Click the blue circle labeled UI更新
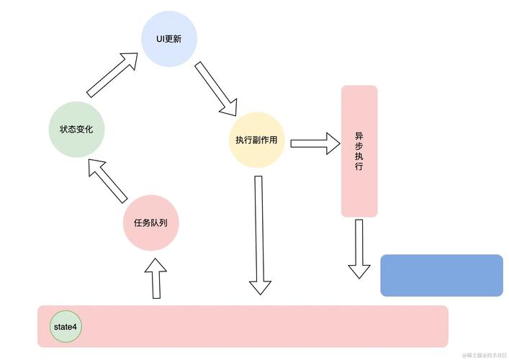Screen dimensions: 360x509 coord(169,40)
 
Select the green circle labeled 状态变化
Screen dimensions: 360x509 coord(76,130)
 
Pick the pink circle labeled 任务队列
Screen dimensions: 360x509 coord(150,222)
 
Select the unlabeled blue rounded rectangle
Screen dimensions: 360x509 coord(441,275)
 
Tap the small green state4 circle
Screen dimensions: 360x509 coord(66,327)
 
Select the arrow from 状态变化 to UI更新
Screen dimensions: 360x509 coord(112,74)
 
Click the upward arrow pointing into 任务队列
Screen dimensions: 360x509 coord(155,279)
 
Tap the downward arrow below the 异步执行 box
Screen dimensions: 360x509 coord(359,249)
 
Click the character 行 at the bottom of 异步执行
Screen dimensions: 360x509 coord(359,166)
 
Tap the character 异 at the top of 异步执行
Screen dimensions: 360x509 coord(359,135)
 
